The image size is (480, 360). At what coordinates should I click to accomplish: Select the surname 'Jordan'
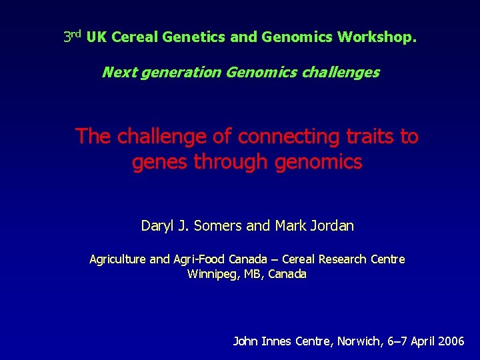[331, 226]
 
